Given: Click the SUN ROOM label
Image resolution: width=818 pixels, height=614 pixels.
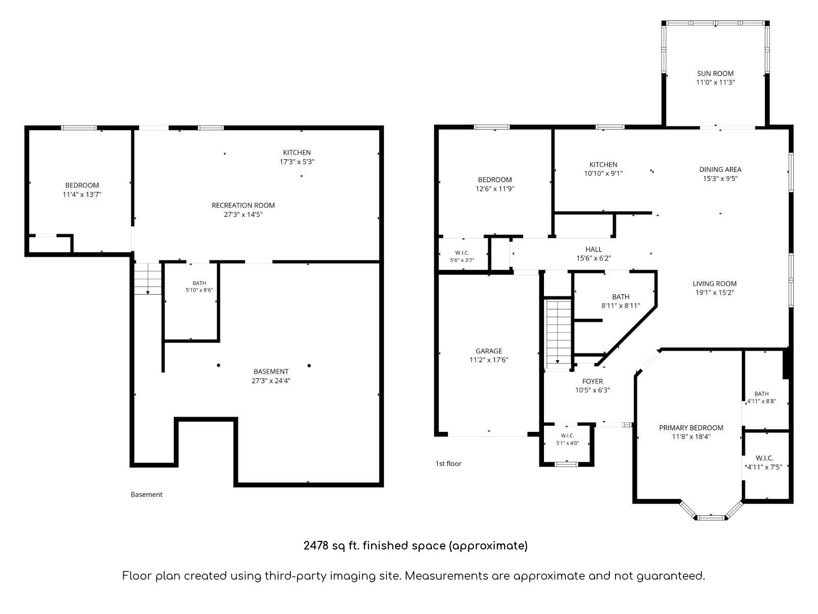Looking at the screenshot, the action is tap(715, 74).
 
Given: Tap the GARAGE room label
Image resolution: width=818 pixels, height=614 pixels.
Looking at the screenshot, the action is tap(489, 351).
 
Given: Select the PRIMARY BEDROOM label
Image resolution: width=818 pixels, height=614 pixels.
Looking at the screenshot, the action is tap(691, 428).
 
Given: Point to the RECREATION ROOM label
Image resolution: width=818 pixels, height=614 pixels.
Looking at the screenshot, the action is tap(243, 205).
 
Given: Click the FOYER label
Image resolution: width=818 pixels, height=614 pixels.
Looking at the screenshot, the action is tap(593, 381).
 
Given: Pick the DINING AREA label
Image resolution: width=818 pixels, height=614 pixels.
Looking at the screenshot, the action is tap(720, 169).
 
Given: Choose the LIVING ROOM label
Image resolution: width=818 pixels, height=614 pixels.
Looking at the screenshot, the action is tap(714, 283).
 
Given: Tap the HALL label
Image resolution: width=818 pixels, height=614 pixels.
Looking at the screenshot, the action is tap(594, 249).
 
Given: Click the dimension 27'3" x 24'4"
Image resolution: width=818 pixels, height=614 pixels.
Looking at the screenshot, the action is tap(271, 381).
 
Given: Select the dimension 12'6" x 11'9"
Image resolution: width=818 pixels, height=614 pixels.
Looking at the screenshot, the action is tap(495, 189).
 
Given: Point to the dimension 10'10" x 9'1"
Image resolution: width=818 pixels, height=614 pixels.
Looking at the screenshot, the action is tap(603, 173).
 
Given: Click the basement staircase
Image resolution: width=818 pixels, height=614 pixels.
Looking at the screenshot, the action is tap(148, 278).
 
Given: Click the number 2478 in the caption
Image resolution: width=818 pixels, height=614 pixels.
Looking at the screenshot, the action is tap(316, 545).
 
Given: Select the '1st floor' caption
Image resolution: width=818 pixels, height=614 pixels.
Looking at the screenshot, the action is tap(448, 464).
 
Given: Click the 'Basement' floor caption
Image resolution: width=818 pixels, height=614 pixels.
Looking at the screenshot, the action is tap(146, 494).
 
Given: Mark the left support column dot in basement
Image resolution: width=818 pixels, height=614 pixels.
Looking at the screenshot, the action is tap(218, 365).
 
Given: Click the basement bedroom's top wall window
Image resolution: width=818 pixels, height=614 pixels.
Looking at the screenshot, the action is tap(79, 128).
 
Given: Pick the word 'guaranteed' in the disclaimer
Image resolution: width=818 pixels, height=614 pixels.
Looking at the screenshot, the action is tap(669, 576).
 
